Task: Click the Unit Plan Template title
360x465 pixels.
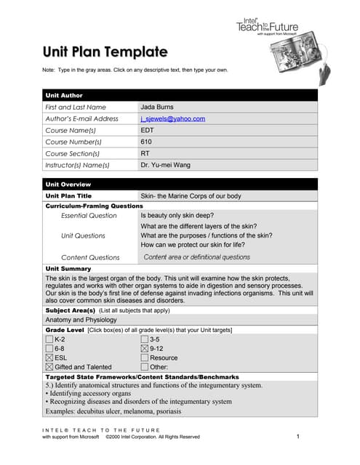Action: pyautogui.click(x=105, y=52)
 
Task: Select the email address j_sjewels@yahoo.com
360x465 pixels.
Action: pyautogui.click(x=172, y=118)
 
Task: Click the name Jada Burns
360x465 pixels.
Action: pyautogui.click(x=158, y=107)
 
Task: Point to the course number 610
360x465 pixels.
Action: pyautogui.click(x=146, y=142)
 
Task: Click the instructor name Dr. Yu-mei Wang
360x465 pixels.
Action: pyautogui.click(x=165, y=165)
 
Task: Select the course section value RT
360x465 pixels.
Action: pyautogui.click(x=145, y=153)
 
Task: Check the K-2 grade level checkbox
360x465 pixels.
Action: pyautogui.click(x=49, y=339)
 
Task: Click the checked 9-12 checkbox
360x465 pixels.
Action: pyautogui.click(x=144, y=349)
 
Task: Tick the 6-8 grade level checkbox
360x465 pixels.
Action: pyautogui.click(x=49, y=349)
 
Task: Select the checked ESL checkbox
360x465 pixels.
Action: pyautogui.click(x=49, y=358)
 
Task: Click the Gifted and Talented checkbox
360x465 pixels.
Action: pyautogui.click(x=49, y=368)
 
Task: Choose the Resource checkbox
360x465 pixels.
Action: pyautogui.click(x=144, y=358)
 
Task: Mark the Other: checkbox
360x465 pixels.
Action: pyautogui.click(x=144, y=368)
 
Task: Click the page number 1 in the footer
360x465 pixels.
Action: pyautogui.click(x=299, y=437)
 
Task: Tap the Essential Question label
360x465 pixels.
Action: pyautogui.click(x=88, y=216)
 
